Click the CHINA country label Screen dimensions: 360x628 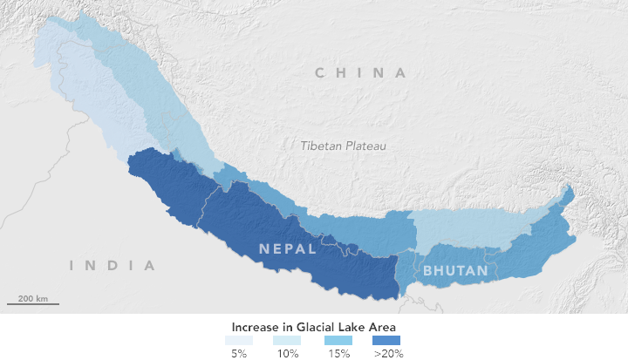pyautogui.click(x=360, y=73)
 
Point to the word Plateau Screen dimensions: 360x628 pyautogui.click(x=366, y=146)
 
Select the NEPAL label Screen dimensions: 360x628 pyautogui.click(x=287, y=248)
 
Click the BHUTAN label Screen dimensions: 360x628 pyautogui.click(x=455, y=271)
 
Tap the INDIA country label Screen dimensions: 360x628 pyautogui.click(x=113, y=265)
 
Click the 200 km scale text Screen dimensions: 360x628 pyautogui.click(x=32, y=298)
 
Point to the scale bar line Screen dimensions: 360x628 pyautogui.click(x=33, y=305)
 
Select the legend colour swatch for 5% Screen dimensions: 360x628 pyautogui.click(x=237, y=340)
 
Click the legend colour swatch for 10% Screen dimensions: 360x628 pyautogui.click(x=288, y=340)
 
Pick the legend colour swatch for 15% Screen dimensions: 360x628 pyautogui.click(x=338, y=340)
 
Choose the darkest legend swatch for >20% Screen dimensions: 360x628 pyautogui.click(x=388, y=340)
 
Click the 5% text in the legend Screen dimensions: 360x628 pyautogui.click(x=237, y=354)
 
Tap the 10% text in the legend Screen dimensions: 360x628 pyautogui.click(x=288, y=354)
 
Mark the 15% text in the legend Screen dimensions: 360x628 pyautogui.click(x=338, y=354)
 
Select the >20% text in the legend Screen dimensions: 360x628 pyautogui.click(x=388, y=354)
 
